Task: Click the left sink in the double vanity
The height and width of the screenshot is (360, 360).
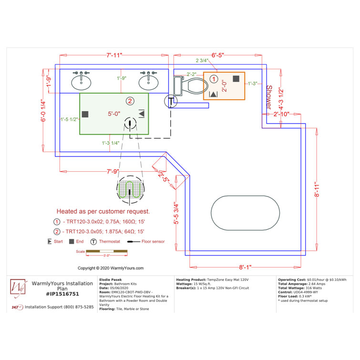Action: (x=82, y=82)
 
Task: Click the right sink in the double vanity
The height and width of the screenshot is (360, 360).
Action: (x=149, y=82)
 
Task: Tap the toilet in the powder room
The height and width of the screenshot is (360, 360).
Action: (x=191, y=86)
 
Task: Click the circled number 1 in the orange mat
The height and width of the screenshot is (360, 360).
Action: (x=214, y=78)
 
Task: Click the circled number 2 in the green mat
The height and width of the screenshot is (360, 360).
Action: (x=129, y=101)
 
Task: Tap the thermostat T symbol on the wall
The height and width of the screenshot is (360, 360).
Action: (x=171, y=101)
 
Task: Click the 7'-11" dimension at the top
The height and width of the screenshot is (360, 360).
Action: (x=114, y=55)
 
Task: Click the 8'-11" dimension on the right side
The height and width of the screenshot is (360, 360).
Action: (x=316, y=188)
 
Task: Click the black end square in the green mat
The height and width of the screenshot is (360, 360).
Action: (x=85, y=114)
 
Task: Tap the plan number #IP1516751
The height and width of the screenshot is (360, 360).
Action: (x=62, y=294)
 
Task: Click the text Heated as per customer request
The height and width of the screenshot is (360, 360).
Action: (x=103, y=211)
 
